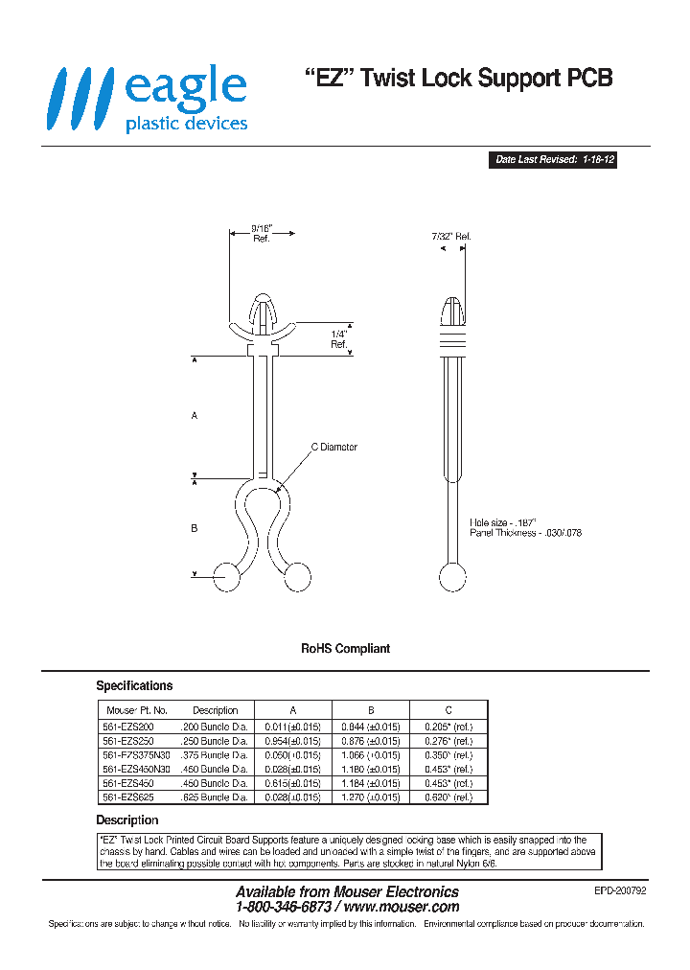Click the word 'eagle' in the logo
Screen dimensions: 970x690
pyautogui.click(x=185, y=88)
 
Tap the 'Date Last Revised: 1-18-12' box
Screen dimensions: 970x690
pyautogui.click(x=554, y=161)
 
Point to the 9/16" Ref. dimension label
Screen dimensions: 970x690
pyautogui.click(x=262, y=233)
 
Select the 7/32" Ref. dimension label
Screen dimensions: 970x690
pyautogui.click(x=451, y=236)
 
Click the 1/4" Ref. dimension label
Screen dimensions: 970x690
pyautogui.click(x=338, y=338)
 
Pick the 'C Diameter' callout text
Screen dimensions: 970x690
pyautogui.click(x=333, y=447)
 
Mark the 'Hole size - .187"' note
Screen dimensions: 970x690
pyautogui.click(x=503, y=522)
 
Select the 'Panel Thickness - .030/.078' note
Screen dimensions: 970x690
pyautogui.click(x=526, y=533)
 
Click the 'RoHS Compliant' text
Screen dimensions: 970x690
pyautogui.click(x=345, y=649)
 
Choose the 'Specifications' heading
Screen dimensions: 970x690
pyautogui.click(x=134, y=686)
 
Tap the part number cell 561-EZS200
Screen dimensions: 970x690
pyautogui.click(x=129, y=727)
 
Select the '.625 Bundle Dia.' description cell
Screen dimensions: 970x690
pyautogui.click(x=215, y=797)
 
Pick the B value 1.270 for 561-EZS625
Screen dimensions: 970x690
pyautogui.click(x=370, y=797)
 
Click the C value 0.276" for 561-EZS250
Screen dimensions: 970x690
pyautogui.click(x=448, y=741)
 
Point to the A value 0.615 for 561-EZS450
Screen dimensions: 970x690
pyautogui.click(x=292, y=783)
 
